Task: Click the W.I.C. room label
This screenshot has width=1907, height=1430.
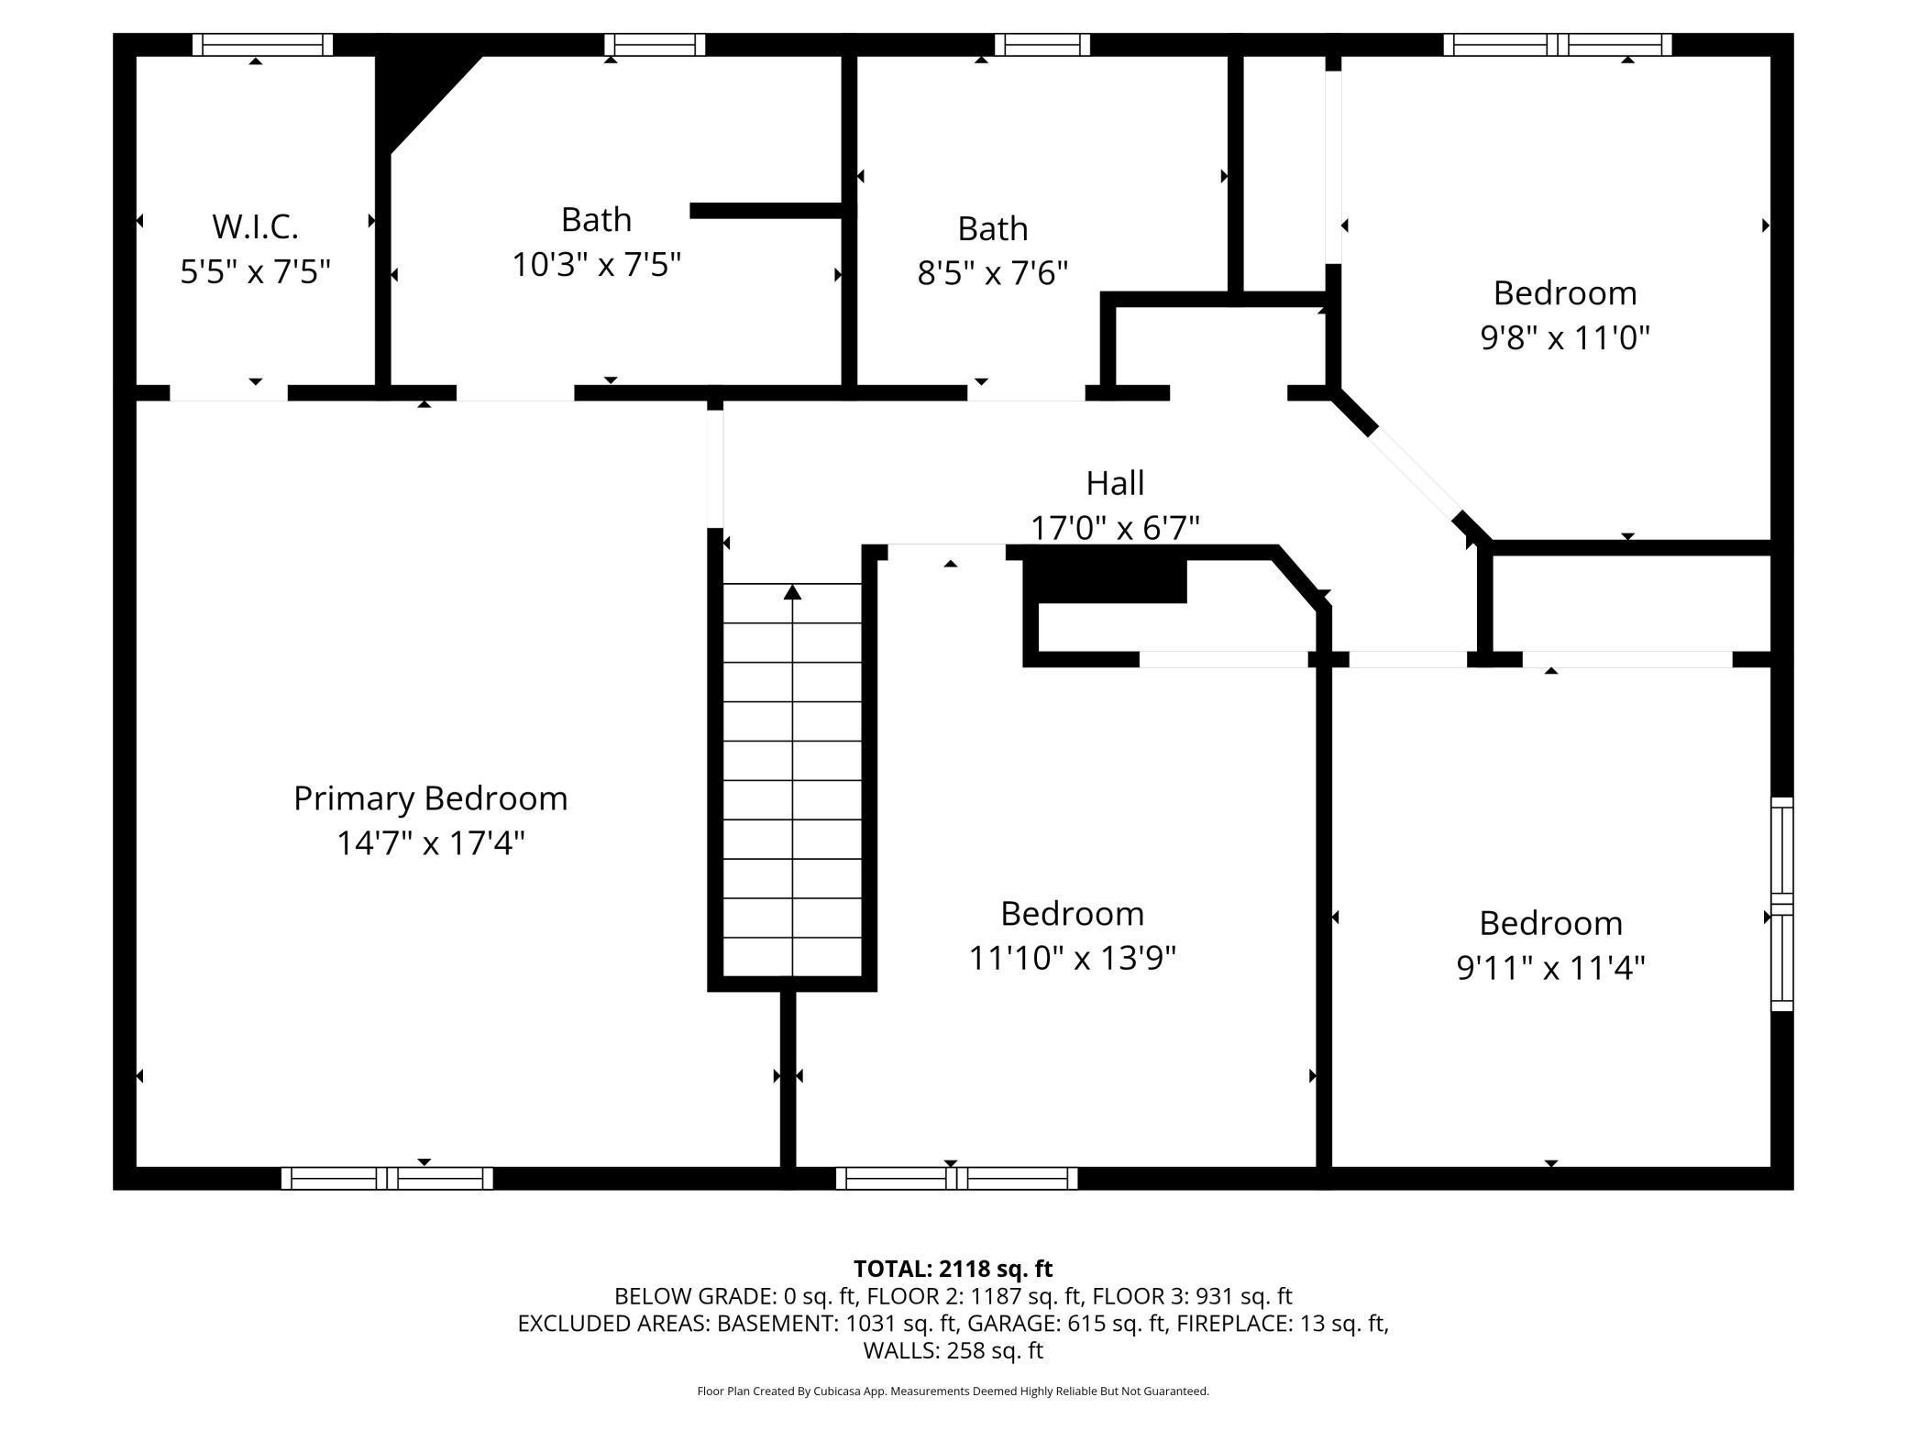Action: coord(255,225)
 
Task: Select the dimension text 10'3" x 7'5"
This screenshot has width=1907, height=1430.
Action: coord(596,265)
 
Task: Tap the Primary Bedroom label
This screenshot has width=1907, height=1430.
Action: coord(430,798)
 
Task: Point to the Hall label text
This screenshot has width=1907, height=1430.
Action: coord(1115,483)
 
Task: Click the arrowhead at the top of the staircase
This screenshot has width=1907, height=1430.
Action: coord(792,593)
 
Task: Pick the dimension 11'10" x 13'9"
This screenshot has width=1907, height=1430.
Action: coord(1072,959)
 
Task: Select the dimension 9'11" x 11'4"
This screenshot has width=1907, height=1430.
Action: coord(1550,968)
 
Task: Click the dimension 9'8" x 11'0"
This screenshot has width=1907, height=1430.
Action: coord(1564,338)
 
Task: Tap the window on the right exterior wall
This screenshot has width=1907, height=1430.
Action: coord(1780,904)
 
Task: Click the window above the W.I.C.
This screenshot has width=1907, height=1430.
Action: coord(262,45)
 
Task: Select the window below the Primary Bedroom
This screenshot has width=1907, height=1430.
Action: coord(387,1178)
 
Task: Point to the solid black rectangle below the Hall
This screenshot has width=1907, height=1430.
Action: coord(1105,580)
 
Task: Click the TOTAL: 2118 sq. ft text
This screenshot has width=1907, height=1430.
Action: coord(953,1269)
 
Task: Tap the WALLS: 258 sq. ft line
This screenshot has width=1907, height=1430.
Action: coord(953,1350)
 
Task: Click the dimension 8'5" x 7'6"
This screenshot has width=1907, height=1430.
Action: coord(992,273)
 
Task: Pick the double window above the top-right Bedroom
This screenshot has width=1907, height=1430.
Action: coord(1557,45)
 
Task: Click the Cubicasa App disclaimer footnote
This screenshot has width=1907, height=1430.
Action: coord(953,1391)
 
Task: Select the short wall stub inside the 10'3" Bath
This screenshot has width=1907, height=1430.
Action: coord(766,211)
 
